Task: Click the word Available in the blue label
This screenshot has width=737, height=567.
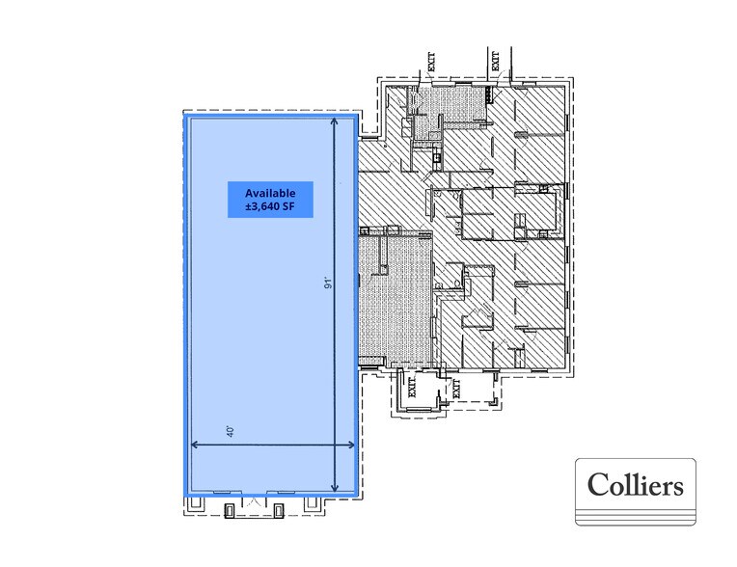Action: (262, 192)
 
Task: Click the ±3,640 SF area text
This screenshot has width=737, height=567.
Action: (262, 207)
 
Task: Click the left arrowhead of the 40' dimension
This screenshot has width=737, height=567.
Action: (195, 445)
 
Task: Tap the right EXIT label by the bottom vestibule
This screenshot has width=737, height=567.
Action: (455, 388)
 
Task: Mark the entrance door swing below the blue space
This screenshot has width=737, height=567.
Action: (254, 502)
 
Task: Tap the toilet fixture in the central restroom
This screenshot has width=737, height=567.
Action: (450, 283)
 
